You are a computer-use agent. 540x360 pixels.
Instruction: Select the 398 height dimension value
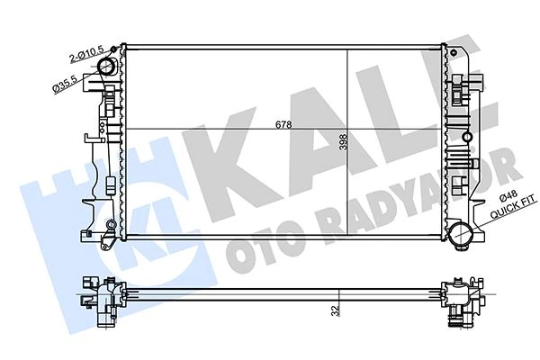click(356, 144)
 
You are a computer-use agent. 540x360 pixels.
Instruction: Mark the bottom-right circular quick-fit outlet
click(465, 236)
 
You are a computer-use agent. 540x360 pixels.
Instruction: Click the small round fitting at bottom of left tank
click(110, 225)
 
